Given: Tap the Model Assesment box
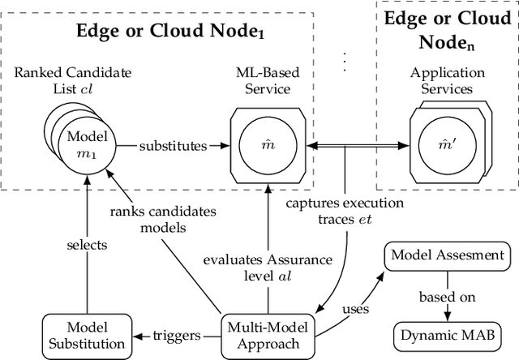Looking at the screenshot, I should pos(447,256).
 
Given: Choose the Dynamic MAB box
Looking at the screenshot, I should pos(447,334).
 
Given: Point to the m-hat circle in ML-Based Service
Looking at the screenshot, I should pos(267,146).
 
